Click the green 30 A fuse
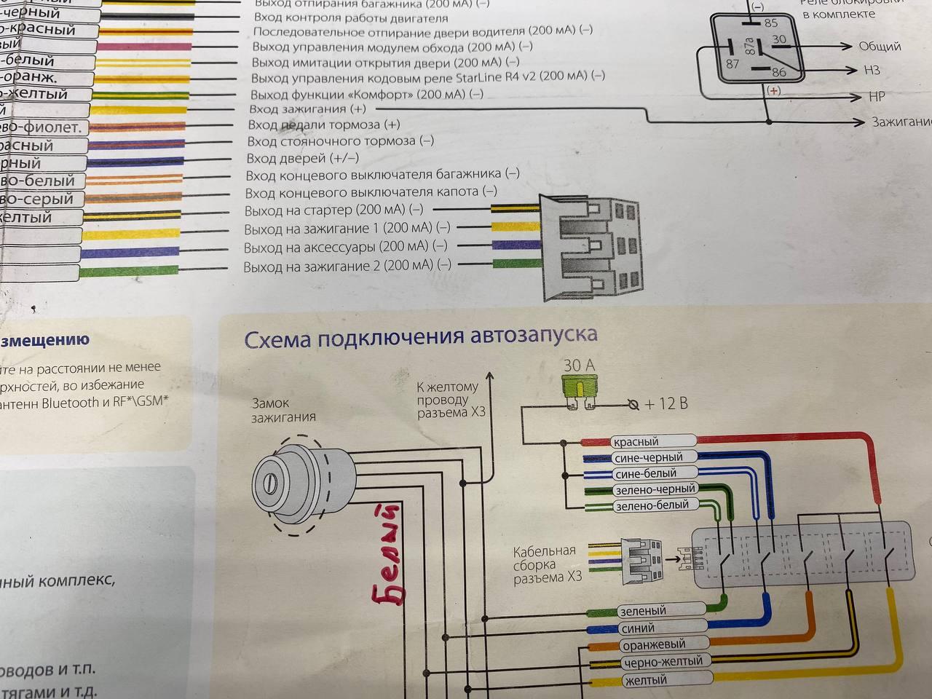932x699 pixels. [579, 386]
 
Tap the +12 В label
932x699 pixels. [666, 403]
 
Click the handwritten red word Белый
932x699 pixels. [389, 553]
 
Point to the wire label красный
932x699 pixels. [636, 442]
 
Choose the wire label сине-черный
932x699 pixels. [648, 458]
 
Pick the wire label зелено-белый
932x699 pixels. [651, 505]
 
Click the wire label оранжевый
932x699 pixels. [653, 645]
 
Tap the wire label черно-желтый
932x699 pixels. [663, 662]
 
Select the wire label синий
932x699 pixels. [637, 628]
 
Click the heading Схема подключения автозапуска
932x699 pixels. [420, 337]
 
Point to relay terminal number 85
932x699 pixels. [770, 23]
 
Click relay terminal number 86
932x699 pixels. [778, 72]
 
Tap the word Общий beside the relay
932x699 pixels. [880, 47]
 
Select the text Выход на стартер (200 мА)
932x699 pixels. [333, 211]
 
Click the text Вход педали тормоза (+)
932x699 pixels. [323, 125]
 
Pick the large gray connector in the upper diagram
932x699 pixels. [591, 247]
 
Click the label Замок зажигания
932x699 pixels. [283, 410]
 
